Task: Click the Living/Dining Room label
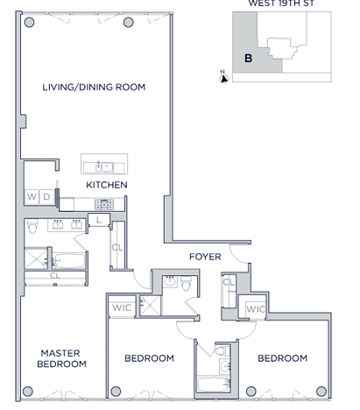pos(94,87)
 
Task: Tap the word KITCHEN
pos(107,185)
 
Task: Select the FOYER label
pos(205,257)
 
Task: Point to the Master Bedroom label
pos(61,358)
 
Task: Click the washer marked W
pos(32,197)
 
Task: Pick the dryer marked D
pos(46,197)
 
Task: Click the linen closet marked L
pos(99,220)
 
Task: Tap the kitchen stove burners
pos(104,204)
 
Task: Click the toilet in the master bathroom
pos(32,226)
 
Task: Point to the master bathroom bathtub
pos(69,260)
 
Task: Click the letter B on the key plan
pos(248,59)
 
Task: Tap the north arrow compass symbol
pos(224,78)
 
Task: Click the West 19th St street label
pos(281,4)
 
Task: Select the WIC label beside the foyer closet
pos(256,309)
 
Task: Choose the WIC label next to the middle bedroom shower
pos(122,307)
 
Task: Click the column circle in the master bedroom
pos(28,391)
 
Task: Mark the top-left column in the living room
pos(29,22)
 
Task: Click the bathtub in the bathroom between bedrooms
pos(214,384)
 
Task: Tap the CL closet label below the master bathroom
pos(55,275)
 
